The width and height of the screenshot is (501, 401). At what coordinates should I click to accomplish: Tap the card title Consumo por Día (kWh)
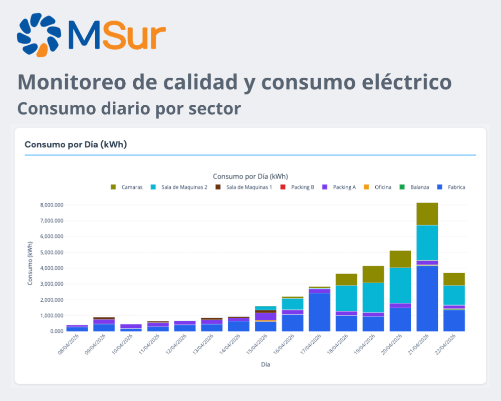[76, 144]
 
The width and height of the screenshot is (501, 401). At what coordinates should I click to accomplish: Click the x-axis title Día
[266, 364]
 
